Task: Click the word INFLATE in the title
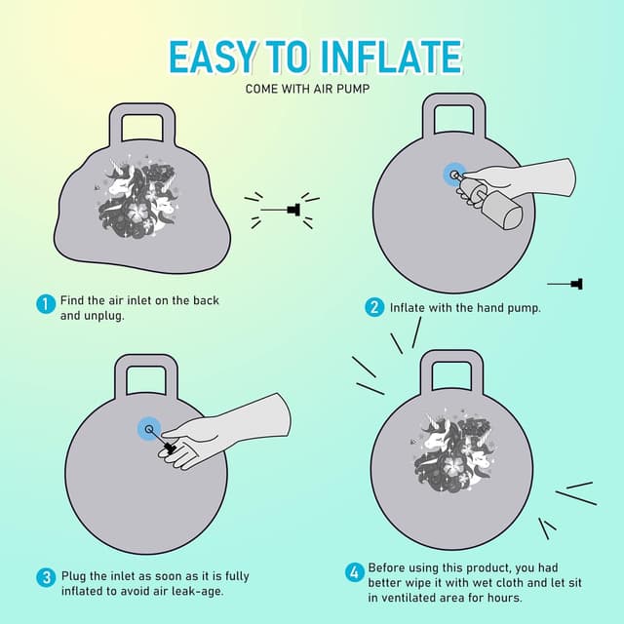[x=392, y=57]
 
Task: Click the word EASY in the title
[x=212, y=57]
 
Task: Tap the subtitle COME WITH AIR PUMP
[x=307, y=89]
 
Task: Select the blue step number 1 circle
[x=46, y=304]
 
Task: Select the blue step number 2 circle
[x=374, y=308]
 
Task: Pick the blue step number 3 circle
[x=46, y=577]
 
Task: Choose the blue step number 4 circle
[x=354, y=573]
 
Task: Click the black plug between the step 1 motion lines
[x=293, y=210]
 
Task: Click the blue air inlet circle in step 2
[x=455, y=175]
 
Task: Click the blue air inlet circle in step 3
[x=149, y=429]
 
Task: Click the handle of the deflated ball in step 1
[x=142, y=123]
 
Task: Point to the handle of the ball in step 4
[x=452, y=371]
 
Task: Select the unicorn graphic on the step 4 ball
[x=452, y=448]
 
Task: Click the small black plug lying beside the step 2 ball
[x=576, y=284]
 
